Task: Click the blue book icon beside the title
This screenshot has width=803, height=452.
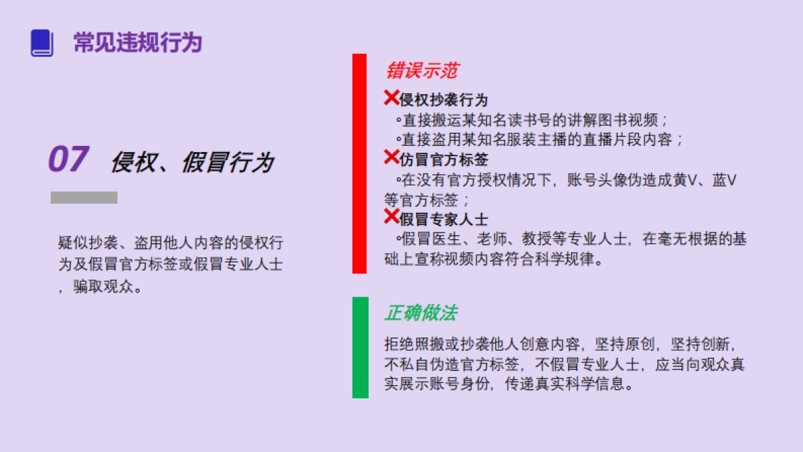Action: [41, 43]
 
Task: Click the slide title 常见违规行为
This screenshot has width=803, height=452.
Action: [137, 43]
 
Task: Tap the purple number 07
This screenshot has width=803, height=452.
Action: [68, 160]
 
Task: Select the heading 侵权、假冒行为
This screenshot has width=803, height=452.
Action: [192, 162]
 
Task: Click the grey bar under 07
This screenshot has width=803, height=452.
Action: [84, 198]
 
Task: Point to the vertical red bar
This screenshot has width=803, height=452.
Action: [359, 163]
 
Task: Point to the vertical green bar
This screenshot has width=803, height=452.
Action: [360, 347]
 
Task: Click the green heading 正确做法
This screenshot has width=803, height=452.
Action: [421, 313]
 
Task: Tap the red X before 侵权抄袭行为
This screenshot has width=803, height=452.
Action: [391, 98]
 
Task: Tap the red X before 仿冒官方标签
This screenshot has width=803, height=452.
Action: [391, 158]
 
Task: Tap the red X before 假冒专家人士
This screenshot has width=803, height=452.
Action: [391, 216]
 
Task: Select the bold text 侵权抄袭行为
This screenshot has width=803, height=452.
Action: [444, 100]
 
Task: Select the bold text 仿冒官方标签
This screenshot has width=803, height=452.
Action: [444, 160]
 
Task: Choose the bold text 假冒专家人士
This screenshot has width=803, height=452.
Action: [444, 219]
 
